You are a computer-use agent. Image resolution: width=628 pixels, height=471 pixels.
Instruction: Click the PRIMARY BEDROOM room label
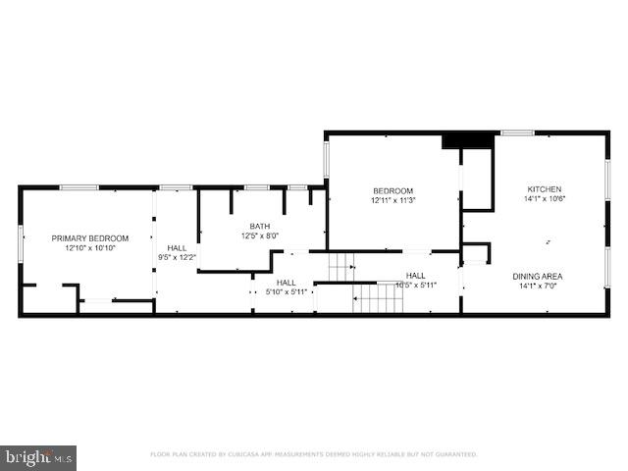pyautogui.click(x=90, y=238)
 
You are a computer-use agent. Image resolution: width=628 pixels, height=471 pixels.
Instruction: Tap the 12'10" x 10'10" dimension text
pyautogui.click(x=90, y=248)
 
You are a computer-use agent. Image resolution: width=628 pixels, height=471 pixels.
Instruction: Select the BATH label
pyautogui.click(x=260, y=226)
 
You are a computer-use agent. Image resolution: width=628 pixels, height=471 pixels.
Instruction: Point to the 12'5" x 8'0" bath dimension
pyautogui.click(x=260, y=235)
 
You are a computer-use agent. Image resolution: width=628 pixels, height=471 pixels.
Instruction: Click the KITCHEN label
pyautogui.click(x=545, y=189)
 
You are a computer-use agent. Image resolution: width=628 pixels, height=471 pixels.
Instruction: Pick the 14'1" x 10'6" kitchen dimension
pyautogui.click(x=545, y=199)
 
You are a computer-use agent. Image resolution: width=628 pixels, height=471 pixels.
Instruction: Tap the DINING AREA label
pyautogui.click(x=538, y=277)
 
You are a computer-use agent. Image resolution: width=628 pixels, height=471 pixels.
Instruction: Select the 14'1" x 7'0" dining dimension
pyautogui.click(x=538, y=287)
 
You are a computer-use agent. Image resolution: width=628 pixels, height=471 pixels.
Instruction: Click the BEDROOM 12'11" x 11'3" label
pyautogui.click(x=392, y=195)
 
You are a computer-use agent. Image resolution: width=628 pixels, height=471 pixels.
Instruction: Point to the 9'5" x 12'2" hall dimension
pyautogui.click(x=178, y=258)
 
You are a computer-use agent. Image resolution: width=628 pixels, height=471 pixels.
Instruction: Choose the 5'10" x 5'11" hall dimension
pyautogui.click(x=288, y=291)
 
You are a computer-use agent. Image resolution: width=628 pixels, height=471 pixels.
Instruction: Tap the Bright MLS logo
pyautogui.click(x=38, y=457)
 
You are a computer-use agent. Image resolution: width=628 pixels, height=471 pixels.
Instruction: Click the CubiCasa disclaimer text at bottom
pyautogui.click(x=313, y=454)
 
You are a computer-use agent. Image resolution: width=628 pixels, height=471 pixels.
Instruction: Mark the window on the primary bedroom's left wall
pyautogui.click(x=21, y=242)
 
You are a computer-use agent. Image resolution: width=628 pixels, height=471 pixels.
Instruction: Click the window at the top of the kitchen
pyautogui.click(x=517, y=132)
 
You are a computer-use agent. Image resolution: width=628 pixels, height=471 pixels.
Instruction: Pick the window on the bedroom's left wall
pyautogui.click(x=326, y=160)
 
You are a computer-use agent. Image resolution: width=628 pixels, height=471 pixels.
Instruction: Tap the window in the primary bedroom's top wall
pyautogui.click(x=78, y=187)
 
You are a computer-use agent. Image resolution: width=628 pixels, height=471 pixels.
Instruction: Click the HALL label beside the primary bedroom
pyautogui.click(x=178, y=248)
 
